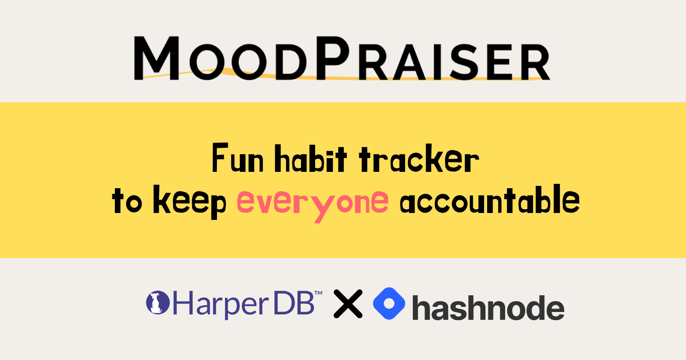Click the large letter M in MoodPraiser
coord(156,58)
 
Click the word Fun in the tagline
coord(238,159)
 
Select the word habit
coord(310,159)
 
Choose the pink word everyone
coord(313,202)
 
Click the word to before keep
coord(127,201)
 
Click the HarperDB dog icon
coord(158,303)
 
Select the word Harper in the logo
coord(220,305)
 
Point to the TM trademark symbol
coord(319,294)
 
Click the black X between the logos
coord(348,304)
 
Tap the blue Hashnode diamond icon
coord(389,303)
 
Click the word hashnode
coord(488,308)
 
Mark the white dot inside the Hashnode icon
coord(389,303)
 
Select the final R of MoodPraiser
coord(534,62)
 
